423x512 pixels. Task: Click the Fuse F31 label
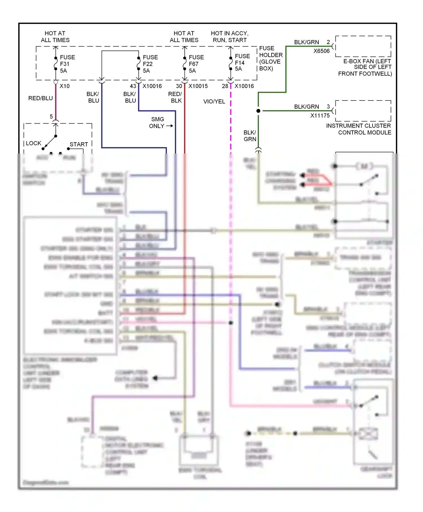point(67,64)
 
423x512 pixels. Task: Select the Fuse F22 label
point(150,64)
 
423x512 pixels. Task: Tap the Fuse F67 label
point(196,64)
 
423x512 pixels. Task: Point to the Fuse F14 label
point(242,63)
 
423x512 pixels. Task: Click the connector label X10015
point(198,86)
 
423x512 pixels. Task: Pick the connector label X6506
point(321,51)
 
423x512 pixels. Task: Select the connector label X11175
point(320,115)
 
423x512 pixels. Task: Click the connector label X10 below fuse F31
point(65,86)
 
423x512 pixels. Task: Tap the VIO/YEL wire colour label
point(214,102)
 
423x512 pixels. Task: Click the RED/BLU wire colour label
point(40,98)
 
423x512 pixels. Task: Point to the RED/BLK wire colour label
point(175,97)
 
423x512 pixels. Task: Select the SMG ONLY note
point(157,123)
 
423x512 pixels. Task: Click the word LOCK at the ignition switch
point(34,143)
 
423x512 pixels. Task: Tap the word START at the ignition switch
point(79,145)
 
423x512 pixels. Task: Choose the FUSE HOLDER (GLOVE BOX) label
point(270,58)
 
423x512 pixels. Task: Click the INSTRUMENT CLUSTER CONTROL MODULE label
point(358,129)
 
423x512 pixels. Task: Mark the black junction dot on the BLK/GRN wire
point(258,111)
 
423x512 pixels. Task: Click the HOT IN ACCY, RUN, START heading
point(230,37)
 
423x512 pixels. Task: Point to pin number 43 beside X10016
point(133,86)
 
